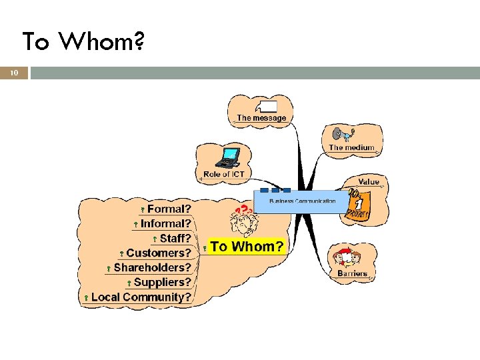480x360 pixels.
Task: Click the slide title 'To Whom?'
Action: (x=83, y=42)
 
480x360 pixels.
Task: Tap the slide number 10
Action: (x=14, y=73)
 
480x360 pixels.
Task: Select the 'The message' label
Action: (x=261, y=118)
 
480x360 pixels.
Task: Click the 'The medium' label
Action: (x=351, y=147)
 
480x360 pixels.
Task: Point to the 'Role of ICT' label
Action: (x=224, y=174)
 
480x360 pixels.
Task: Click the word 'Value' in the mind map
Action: (x=369, y=181)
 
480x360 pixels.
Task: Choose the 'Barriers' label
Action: (x=352, y=273)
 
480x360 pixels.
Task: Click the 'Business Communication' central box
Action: (x=302, y=201)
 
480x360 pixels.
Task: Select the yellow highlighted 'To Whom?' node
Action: (x=247, y=247)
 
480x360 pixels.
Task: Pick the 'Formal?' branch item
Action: (x=169, y=209)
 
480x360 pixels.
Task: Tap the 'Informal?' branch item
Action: (x=165, y=224)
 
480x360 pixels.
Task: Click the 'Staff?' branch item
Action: (x=175, y=239)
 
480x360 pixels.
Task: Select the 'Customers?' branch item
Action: (x=159, y=253)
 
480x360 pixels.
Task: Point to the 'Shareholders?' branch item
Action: (x=152, y=268)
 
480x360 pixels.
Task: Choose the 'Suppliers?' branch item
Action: (x=162, y=283)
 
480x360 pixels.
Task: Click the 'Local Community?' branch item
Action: (x=141, y=297)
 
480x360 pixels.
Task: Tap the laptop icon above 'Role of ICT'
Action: (x=229, y=157)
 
